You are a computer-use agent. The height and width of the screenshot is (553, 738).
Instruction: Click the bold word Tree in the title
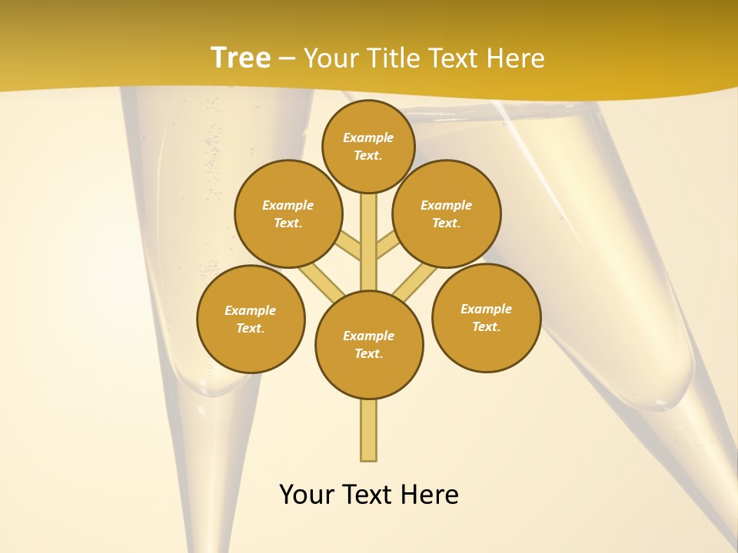point(241,58)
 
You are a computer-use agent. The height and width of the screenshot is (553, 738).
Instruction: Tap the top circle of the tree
point(368,146)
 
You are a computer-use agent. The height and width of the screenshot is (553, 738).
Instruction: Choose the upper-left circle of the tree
point(288,214)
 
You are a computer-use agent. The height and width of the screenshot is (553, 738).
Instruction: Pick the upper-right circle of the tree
point(446,214)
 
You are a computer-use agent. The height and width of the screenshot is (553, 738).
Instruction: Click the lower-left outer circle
point(251,319)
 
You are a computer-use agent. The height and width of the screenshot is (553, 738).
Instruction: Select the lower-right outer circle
point(486,317)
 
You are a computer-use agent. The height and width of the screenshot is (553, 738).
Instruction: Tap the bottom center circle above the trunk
point(369,344)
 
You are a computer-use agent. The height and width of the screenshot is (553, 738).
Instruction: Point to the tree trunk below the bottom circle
point(369,430)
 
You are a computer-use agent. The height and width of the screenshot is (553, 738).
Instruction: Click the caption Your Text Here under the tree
point(369,495)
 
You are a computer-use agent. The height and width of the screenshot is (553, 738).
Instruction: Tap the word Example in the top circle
point(368,137)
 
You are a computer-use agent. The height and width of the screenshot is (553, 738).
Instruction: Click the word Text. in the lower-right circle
point(486,326)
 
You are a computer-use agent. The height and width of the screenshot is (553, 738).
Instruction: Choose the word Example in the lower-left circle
point(251,310)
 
